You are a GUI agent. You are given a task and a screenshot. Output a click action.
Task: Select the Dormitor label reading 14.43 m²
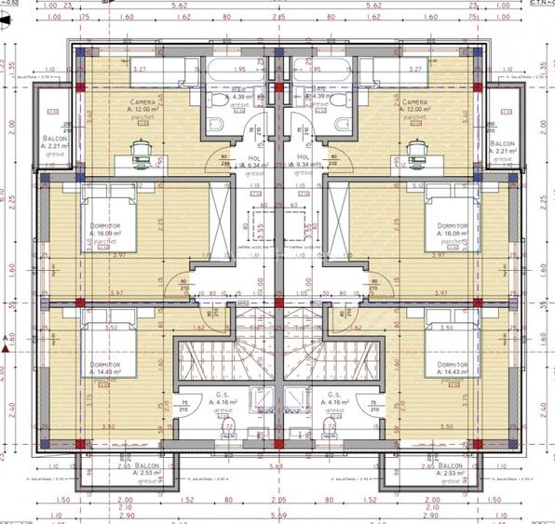tap(452, 369)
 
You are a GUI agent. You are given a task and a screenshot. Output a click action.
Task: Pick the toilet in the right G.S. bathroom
tap(328, 427)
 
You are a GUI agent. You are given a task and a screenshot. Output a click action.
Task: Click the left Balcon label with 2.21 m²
tap(54, 143)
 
